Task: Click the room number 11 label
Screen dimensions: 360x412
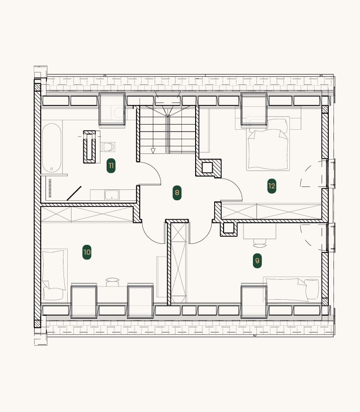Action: [111, 166]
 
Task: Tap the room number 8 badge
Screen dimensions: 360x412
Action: [177, 193]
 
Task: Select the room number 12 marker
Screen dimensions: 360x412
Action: [272, 186]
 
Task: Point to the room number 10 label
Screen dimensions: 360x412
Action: [87, 252]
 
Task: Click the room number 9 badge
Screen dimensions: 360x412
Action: [257, 260]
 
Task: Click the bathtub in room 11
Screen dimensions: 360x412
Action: [52, 148]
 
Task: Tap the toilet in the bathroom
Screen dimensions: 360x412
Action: [108, 147]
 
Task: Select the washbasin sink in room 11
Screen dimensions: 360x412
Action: [112, 195]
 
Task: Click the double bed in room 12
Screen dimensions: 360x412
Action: [268, 144]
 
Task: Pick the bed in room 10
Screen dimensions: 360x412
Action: [54, 275]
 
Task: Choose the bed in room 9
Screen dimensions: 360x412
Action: [292, 289]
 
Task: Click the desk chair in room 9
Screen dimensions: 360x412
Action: [260, 243]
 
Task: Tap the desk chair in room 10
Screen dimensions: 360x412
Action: [112, 282]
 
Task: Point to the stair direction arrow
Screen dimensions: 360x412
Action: [153, 151]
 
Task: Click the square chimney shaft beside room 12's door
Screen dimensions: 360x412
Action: [207, 168]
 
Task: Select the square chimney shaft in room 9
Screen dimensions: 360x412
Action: [228, 228]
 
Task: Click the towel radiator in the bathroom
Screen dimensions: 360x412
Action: [50, 188]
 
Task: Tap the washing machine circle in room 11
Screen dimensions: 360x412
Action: [119, 113]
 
